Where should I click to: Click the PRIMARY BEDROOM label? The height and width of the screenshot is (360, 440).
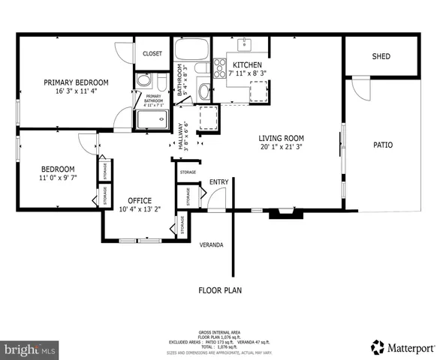pyautogui.click(x=76, y=82)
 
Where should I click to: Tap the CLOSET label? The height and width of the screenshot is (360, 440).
pyautogui.click(x=152, y=53)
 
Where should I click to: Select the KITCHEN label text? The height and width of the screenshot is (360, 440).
pyautogui.click(x=247, y=65)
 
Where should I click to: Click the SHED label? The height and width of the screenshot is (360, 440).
pyautogui.click(x=381, y=57)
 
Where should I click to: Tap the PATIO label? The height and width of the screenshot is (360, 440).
pyautogui.click(x=383, y=145)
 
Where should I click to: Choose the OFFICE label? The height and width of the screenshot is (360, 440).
pyautogui.click(x=140, y=200)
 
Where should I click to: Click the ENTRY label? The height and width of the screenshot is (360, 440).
pyautogui.click(x=219, y=181)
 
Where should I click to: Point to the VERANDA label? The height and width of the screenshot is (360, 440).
pyautogui.click(x=211, y=244)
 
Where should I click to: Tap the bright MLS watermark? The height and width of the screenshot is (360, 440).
pyautogui.click(x=30, y=349)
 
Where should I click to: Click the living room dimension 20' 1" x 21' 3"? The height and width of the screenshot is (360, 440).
pyautogui.click(x=281, y=147)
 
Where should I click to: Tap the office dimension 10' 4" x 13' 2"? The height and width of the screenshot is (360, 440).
pyautogui.click(x=140, y=209)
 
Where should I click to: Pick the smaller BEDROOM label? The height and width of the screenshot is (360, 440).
pyautogui.click(x=57, y=169)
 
